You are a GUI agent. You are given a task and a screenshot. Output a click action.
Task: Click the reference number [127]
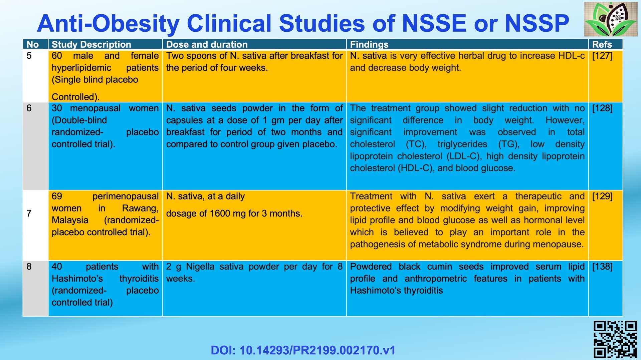click(x=602, y=56)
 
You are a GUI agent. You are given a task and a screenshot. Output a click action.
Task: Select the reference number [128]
click(x=602, y=108)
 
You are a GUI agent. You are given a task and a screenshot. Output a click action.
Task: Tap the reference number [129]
click(x=602, y=196)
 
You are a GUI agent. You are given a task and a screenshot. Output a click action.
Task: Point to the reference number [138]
click(x=602, y=267)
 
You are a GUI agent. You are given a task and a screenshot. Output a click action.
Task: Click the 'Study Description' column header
click(x=91, y=44)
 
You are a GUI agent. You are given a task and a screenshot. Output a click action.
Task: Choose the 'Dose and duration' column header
click(x=207, y=44)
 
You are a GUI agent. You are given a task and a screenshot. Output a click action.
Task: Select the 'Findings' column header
click(x=369, y=44)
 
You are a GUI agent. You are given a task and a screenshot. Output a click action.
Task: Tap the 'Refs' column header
click(x=602, y=44)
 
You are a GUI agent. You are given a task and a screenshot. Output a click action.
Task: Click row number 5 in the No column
click(x=29, y=56)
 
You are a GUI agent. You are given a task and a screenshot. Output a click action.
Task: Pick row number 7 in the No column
click(x=29, y=213)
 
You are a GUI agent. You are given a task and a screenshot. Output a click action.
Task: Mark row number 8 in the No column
click(x=29, y=267)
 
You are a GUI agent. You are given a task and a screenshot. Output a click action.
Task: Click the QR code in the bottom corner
click(x=615, y=339)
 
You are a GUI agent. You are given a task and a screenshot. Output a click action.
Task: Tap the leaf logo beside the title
click(x=611, y=19)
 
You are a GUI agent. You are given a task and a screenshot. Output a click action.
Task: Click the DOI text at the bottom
click(x=303, y=350)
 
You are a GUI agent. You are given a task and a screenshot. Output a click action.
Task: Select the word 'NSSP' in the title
click(x=537, y=23)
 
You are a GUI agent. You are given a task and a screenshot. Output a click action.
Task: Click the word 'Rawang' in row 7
click(x=140, y=208)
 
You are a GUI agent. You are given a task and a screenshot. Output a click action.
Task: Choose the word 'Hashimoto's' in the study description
click(x=77, y=279)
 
